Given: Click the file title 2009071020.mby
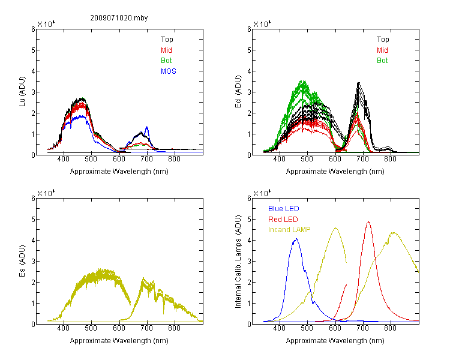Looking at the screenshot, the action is pyautogui.click(x=119, y=18).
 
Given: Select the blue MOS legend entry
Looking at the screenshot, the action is pyautogui.click(x=169, y=71).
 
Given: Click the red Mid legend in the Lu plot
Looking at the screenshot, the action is pyautogui.click(x=166, y=50).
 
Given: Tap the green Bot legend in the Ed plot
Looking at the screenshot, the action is pyautogui.click(x=382, y=61).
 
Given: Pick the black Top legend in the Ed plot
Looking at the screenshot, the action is pyautogui.click(x=383, y=40).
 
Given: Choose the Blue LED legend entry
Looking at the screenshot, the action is pyautogui.click(x=284, y=209).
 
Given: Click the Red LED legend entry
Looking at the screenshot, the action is pyautogui.click(x=283, y=220).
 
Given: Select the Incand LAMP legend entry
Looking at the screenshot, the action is pyautogui.click(x=289, y=230).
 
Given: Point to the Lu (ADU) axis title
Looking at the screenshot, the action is pyautogui.click(x=22, y=91).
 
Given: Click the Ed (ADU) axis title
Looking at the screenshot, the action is pyautogui.click(x=238, y=91).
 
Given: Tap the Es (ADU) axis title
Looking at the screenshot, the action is pyautogui.click(x=22, y=260).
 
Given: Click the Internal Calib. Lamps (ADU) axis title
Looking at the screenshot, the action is pyautogui.click(x=238, y=262).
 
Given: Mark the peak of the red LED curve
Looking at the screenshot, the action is pyautogui.click(x=368, y=222).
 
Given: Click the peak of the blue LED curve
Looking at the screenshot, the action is pyautogui.click(x=296, y=239).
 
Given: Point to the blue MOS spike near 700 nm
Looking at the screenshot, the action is pyautogui.click(x=146, y=127).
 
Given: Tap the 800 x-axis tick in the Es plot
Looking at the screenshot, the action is pyautogui.click(x=174, y=328).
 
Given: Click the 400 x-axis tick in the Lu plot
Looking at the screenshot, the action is pyautogui.click(x=63, y=159).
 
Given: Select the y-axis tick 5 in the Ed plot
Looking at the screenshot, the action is pyautogui.click(x=249, y=50).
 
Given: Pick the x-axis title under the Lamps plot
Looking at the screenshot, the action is pyautogui.click(x=335, y=341).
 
